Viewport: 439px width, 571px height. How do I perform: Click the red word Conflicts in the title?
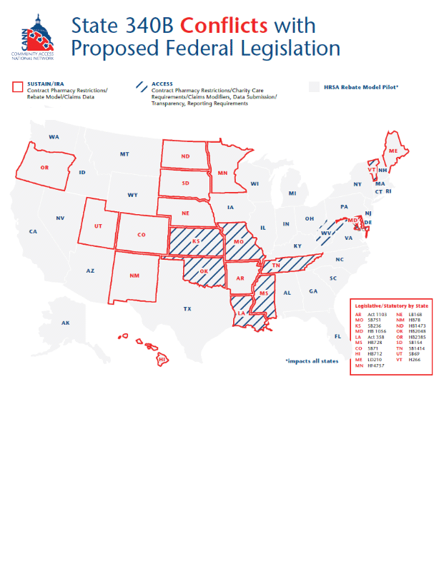219,25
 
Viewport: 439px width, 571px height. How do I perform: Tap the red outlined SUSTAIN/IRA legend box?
19,87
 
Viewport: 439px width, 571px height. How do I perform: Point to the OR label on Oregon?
44,168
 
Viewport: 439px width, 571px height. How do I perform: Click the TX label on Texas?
187,309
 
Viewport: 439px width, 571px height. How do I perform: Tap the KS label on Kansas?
196,242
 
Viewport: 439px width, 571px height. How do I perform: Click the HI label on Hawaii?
162,359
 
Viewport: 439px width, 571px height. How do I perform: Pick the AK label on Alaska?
65,323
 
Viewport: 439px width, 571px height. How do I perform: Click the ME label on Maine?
393,151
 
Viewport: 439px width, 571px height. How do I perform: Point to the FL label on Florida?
337,336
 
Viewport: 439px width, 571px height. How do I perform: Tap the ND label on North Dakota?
185,156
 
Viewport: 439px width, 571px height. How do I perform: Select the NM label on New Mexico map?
134,276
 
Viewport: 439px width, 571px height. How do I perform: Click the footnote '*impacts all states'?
311,361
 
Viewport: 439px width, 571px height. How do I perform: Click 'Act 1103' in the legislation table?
377,314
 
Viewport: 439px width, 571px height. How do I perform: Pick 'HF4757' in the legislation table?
377,365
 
